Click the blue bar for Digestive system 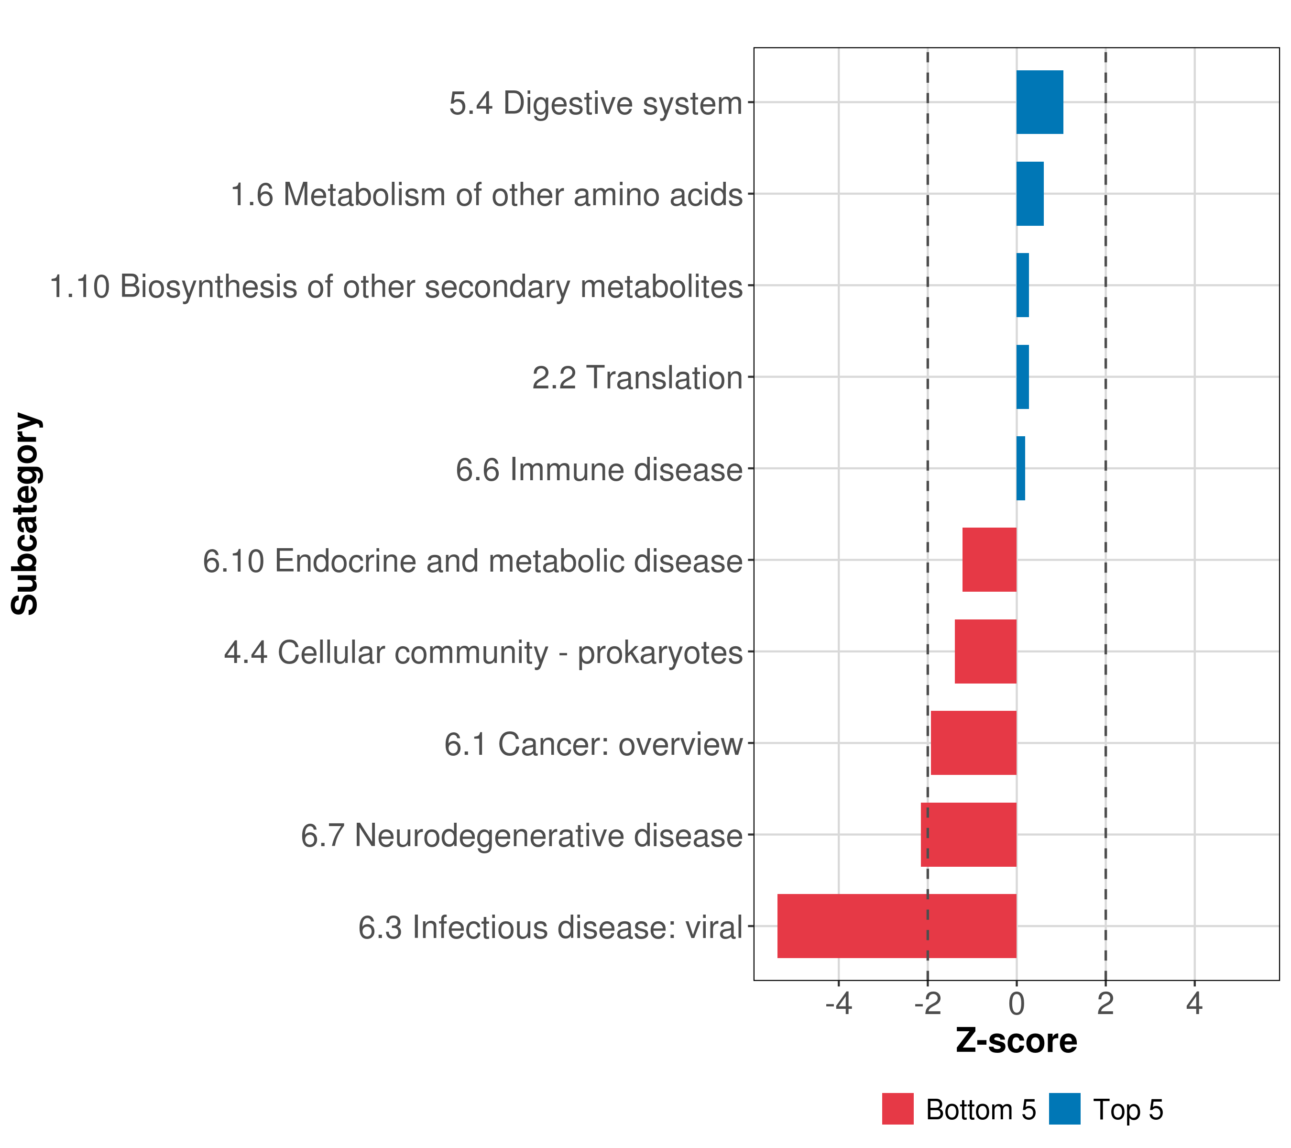[1039, 102]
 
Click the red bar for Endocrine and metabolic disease [989, 560]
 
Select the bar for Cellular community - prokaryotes [985, 651]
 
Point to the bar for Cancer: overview [974, 743]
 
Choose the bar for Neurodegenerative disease [968, 835]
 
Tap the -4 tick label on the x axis [838, 1004]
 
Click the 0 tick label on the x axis [1016, 1004]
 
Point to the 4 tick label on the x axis [1194, 1004]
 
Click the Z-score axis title [1016, 1041]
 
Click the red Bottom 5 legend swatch [897, 1109]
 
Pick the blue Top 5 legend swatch [1065, 1109]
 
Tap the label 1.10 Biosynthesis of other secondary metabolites [396, 286]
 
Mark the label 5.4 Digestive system [595, 103]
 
